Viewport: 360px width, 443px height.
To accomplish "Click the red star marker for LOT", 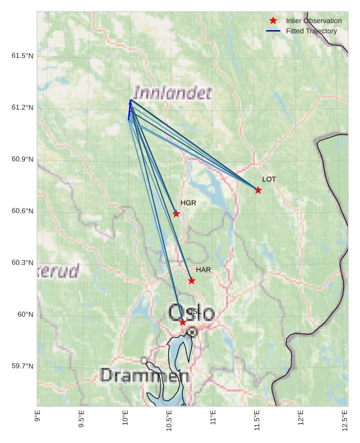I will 258,190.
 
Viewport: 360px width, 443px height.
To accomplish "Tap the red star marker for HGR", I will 176,213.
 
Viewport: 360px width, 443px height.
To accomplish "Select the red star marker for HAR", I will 192,280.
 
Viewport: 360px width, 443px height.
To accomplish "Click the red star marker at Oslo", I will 183,322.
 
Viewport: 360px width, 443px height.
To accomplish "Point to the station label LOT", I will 269,180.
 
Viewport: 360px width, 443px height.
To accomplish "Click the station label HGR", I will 188,203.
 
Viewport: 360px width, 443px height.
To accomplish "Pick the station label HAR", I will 203,270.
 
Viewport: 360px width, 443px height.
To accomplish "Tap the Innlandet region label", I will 173,94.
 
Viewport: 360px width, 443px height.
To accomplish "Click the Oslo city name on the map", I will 191,313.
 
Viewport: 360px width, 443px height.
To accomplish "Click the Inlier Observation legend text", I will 314,21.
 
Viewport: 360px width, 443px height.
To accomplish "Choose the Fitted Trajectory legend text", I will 311,31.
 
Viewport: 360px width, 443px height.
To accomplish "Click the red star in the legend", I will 273,21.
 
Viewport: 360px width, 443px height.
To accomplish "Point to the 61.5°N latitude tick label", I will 22,56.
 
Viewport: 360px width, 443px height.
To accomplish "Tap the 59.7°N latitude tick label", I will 22,366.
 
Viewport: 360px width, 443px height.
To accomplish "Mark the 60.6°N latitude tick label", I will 22,212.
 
